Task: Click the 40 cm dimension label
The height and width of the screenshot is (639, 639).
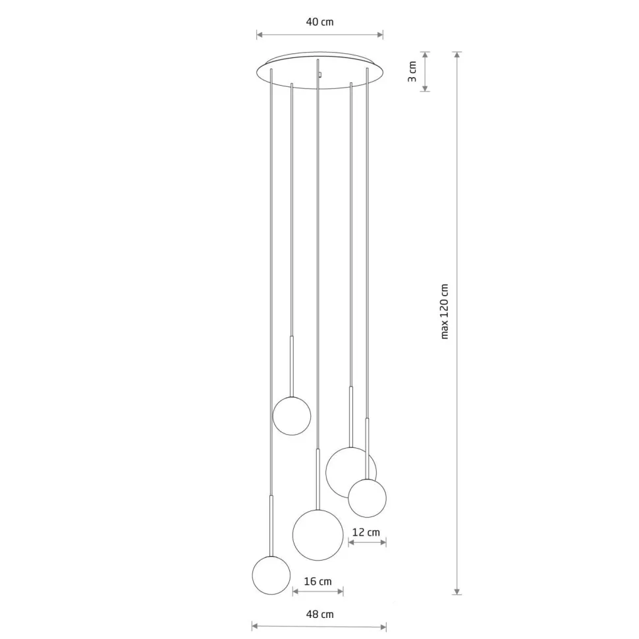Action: point(319,22)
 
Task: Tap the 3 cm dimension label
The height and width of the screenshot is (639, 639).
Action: point(412,72)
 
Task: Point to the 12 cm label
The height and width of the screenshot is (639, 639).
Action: point(366,532)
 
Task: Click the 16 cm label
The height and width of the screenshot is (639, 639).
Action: point(318,581)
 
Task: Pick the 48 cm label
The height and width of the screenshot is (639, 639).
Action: point(319,614)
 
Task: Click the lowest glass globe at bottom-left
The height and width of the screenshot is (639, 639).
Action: point(271,575)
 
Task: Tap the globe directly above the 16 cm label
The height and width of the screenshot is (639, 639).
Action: point(318,535)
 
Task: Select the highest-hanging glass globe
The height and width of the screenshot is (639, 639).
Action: point(292,416)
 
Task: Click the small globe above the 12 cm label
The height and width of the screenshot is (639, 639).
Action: point(367,498)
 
